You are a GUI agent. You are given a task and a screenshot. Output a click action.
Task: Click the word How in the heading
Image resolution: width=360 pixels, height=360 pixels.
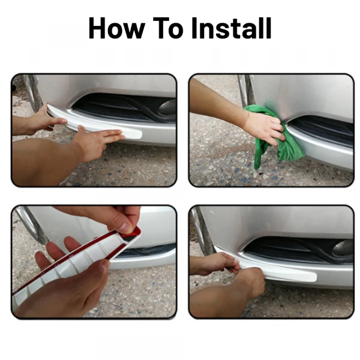(x=116, y=28)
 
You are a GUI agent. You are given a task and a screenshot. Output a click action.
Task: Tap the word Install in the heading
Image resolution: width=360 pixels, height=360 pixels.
(x=231, y=28)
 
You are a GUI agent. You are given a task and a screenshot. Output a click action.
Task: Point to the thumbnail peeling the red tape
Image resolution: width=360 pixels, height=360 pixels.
(x=125, y=227)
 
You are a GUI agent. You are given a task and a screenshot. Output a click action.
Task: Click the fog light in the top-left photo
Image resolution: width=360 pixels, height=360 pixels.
(x=167, y=107)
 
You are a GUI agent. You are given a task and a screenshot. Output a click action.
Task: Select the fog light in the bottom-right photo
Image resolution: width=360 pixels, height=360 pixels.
(x=343, y=248)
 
